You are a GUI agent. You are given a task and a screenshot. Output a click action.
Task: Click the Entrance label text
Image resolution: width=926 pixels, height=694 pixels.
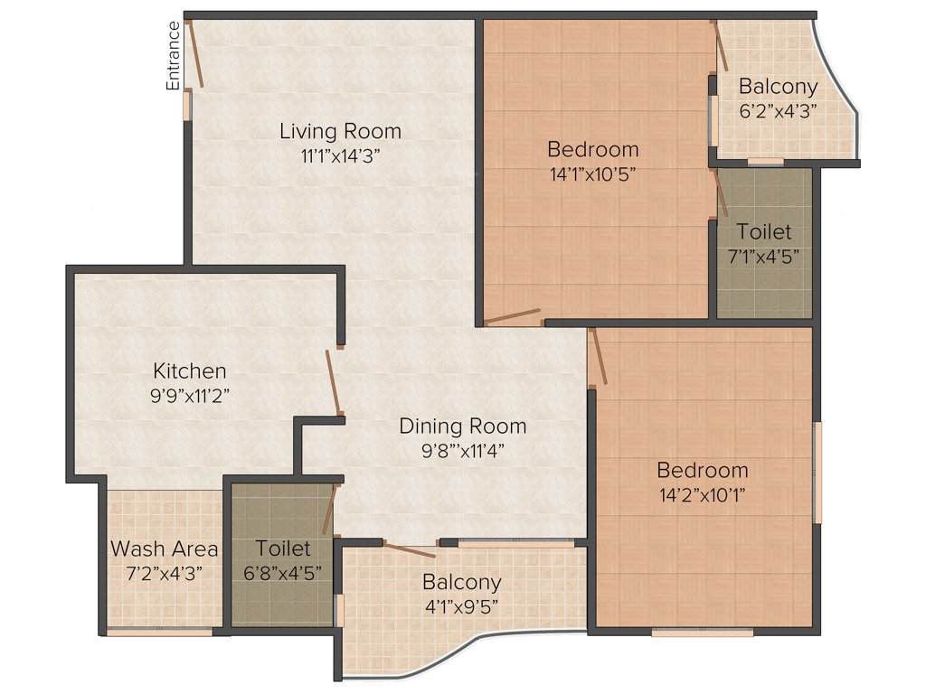click(x=173, y=55)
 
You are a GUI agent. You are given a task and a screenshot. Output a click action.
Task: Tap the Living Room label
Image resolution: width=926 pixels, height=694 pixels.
click(x=340, y=131)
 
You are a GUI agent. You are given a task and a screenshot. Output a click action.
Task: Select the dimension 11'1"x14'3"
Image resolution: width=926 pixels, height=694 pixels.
click(x=340, y=155)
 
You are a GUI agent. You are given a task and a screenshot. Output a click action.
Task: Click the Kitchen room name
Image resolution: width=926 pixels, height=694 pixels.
click(x=189, y=370)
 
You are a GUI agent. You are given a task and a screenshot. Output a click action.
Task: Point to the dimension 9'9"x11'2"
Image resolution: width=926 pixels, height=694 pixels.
click(x=189, y=395)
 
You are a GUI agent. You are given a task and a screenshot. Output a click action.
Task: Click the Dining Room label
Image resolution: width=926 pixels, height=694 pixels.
click(x=462, y=426)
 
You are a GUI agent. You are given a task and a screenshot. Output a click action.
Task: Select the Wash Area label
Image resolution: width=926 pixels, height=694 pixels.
click(x=164, y=549)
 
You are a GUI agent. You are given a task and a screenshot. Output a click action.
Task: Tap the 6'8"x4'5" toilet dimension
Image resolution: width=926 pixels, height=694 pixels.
click(x=282, y=572)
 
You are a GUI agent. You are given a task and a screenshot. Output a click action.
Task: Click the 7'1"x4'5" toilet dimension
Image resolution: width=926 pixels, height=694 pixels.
click(x=764, y=256)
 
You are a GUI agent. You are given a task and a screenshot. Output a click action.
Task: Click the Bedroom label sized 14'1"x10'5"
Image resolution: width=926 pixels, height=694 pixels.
click(x=592, y=149)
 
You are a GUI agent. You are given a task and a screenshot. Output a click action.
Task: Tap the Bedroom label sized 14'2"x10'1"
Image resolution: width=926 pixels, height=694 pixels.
click(x=702, y=470)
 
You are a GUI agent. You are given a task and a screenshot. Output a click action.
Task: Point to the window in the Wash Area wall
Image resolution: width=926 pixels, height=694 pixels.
click(x=159, y=632)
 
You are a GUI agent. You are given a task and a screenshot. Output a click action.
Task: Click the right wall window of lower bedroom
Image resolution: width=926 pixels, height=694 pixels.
click(x=817, y=472)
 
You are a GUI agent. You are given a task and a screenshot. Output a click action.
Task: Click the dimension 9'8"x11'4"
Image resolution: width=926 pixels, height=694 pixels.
click(x=462, y=450)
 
